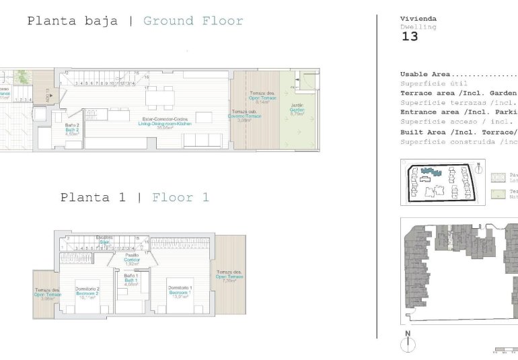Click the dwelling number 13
[x=410, y=36]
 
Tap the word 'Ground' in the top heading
[x=168, y=21]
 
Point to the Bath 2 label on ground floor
[x=73, y=129]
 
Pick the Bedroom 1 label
[x=181, y=291]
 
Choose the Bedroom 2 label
[x=87, y=291]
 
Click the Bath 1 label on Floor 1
[x=131, y=279]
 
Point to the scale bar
[x=505, y=350]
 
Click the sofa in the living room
[x=205, y=140]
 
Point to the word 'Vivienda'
[x=418, y=19]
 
